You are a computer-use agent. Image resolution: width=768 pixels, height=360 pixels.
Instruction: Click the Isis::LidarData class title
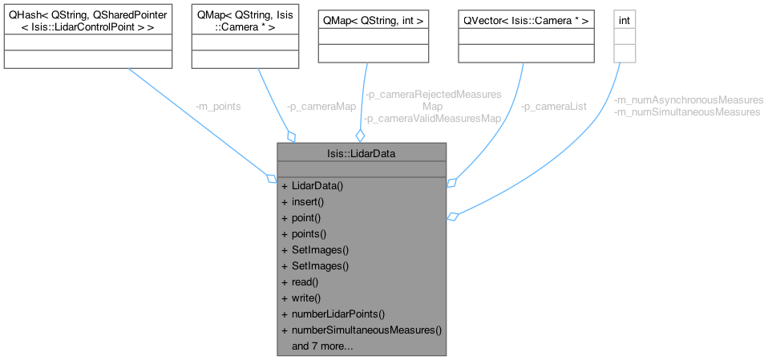click(361, 152)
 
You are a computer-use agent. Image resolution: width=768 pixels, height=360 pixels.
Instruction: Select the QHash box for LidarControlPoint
click(87, 22)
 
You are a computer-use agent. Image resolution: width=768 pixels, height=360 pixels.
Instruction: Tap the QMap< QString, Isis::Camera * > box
click(244, 22)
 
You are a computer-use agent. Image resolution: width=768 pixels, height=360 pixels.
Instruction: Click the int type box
click(624, 18)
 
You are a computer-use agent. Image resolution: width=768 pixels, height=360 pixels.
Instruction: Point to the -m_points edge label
click(218, 106)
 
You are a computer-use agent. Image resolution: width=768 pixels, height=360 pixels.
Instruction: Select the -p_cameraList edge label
click(552, 106)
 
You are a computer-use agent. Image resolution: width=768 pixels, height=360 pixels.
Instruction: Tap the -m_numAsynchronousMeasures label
click(688, 100)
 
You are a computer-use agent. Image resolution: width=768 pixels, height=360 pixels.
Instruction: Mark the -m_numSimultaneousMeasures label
click(686, 112)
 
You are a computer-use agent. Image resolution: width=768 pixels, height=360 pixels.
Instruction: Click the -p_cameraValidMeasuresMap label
click(433, 118)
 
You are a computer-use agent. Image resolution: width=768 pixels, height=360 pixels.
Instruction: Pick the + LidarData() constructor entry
click(313, 186)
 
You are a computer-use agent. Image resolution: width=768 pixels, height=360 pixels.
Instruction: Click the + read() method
click(300, 282)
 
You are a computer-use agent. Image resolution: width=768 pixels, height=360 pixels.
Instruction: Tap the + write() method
click(301, 298)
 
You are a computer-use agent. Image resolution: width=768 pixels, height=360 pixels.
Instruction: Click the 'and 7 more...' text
click(322, 346)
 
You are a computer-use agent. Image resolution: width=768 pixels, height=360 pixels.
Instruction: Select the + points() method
click(304, 234)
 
